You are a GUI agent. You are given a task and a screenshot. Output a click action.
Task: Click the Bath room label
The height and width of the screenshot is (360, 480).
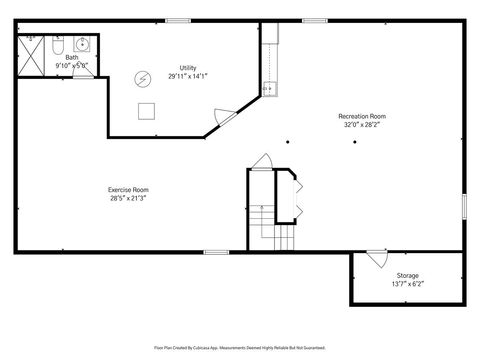(x=72, y=57)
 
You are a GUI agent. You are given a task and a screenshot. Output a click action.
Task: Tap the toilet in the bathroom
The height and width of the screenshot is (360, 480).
(x=58, y=46)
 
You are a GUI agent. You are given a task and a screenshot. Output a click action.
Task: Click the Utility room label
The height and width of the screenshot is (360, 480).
(x=188, y=67)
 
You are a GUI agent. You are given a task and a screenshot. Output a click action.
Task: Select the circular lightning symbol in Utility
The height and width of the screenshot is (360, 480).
(x=143, y=79)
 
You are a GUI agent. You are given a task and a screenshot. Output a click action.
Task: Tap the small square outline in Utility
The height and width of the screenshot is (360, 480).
(x=146, y=110)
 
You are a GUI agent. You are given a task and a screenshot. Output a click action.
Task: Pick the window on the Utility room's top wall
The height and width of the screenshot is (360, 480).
(x=179, y=21)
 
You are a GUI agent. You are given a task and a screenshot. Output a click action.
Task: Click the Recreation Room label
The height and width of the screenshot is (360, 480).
(x=362, y=117)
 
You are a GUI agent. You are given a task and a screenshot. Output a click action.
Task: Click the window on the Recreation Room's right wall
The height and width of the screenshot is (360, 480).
(x=464, y=204)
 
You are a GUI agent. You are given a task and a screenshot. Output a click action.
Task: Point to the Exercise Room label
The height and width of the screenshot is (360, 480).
(x=129, y=190)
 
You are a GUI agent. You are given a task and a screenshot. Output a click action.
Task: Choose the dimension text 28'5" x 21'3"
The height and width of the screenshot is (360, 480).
(x=129, y=199)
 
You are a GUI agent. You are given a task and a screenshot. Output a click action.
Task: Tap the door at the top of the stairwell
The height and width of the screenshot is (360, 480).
(x=262, y=162)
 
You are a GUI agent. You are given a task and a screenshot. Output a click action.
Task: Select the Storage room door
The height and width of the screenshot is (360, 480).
(x=376, y=259)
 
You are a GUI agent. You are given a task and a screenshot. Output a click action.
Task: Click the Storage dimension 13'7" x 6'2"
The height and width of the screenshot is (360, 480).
(x=408, y=284)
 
